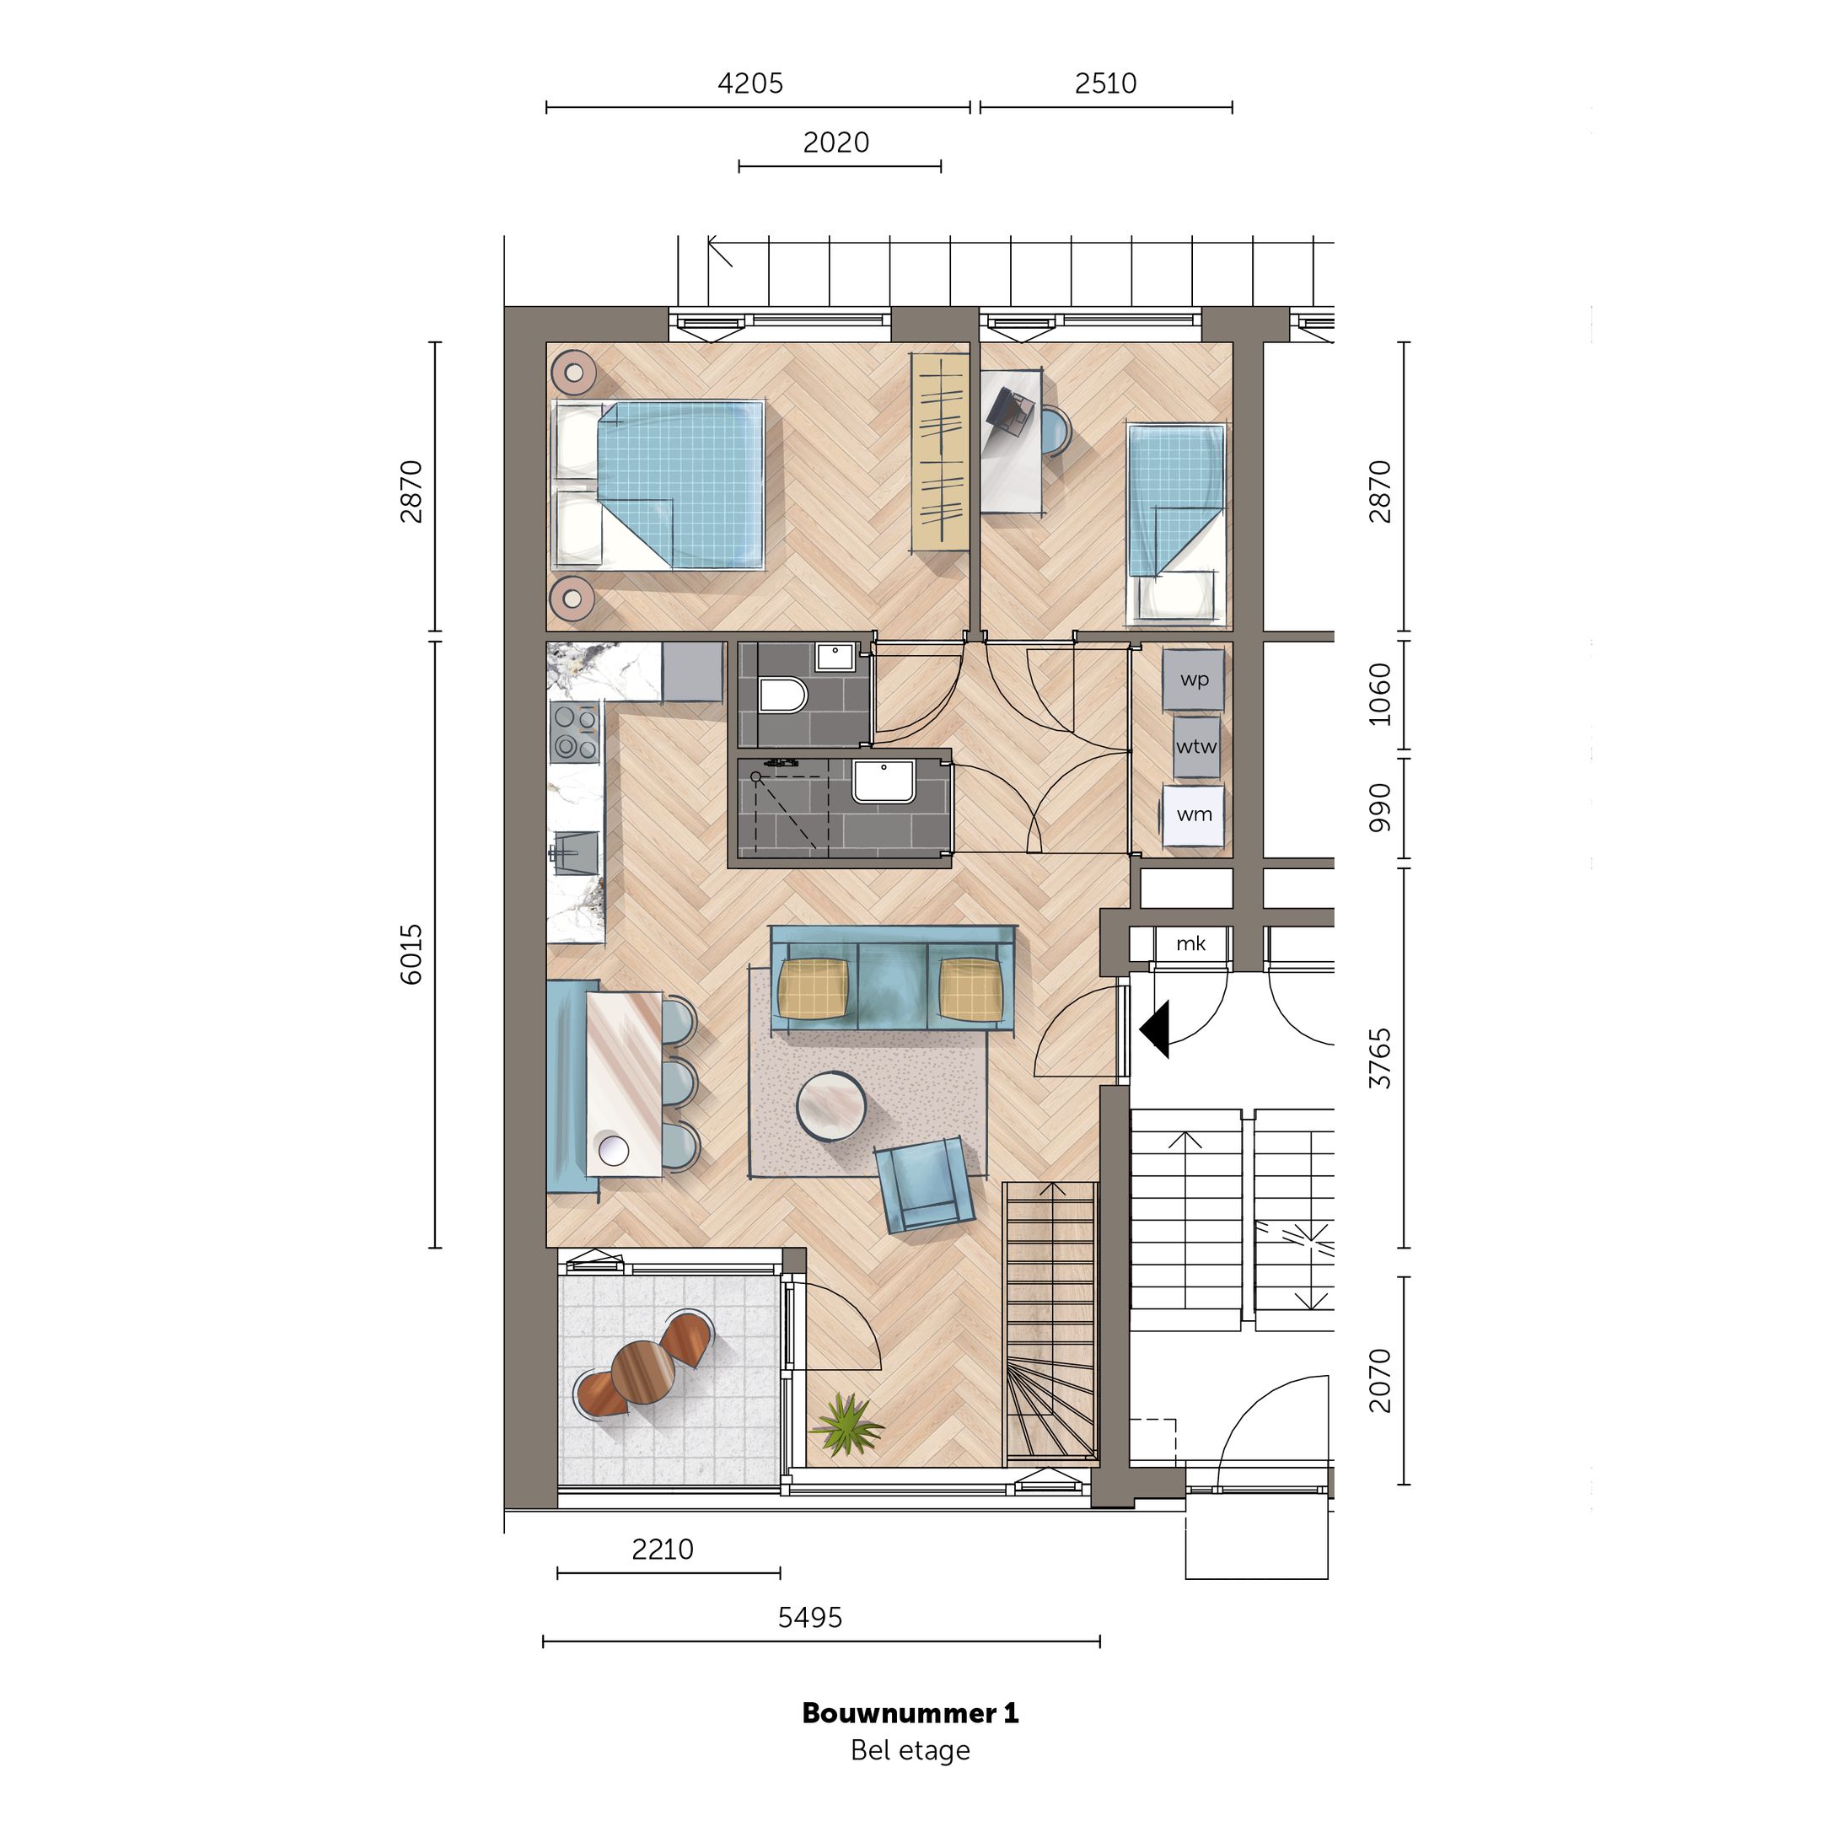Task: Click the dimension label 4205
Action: pos(750,84)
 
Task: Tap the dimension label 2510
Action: pos(1105,84)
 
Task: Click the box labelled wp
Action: pos(1193,680)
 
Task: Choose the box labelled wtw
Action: pos(1195,746)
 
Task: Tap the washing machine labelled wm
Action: pos(1193,814)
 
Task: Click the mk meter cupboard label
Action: pos(1190,943)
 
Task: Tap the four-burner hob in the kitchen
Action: pos(574,733)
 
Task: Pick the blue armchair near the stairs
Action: pos(923,1184)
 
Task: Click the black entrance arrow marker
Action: pos(1157,1029)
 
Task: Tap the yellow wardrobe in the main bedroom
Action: pos(940,454)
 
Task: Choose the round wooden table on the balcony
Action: pos(644,1376)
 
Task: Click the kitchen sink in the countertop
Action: pos(576,852)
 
